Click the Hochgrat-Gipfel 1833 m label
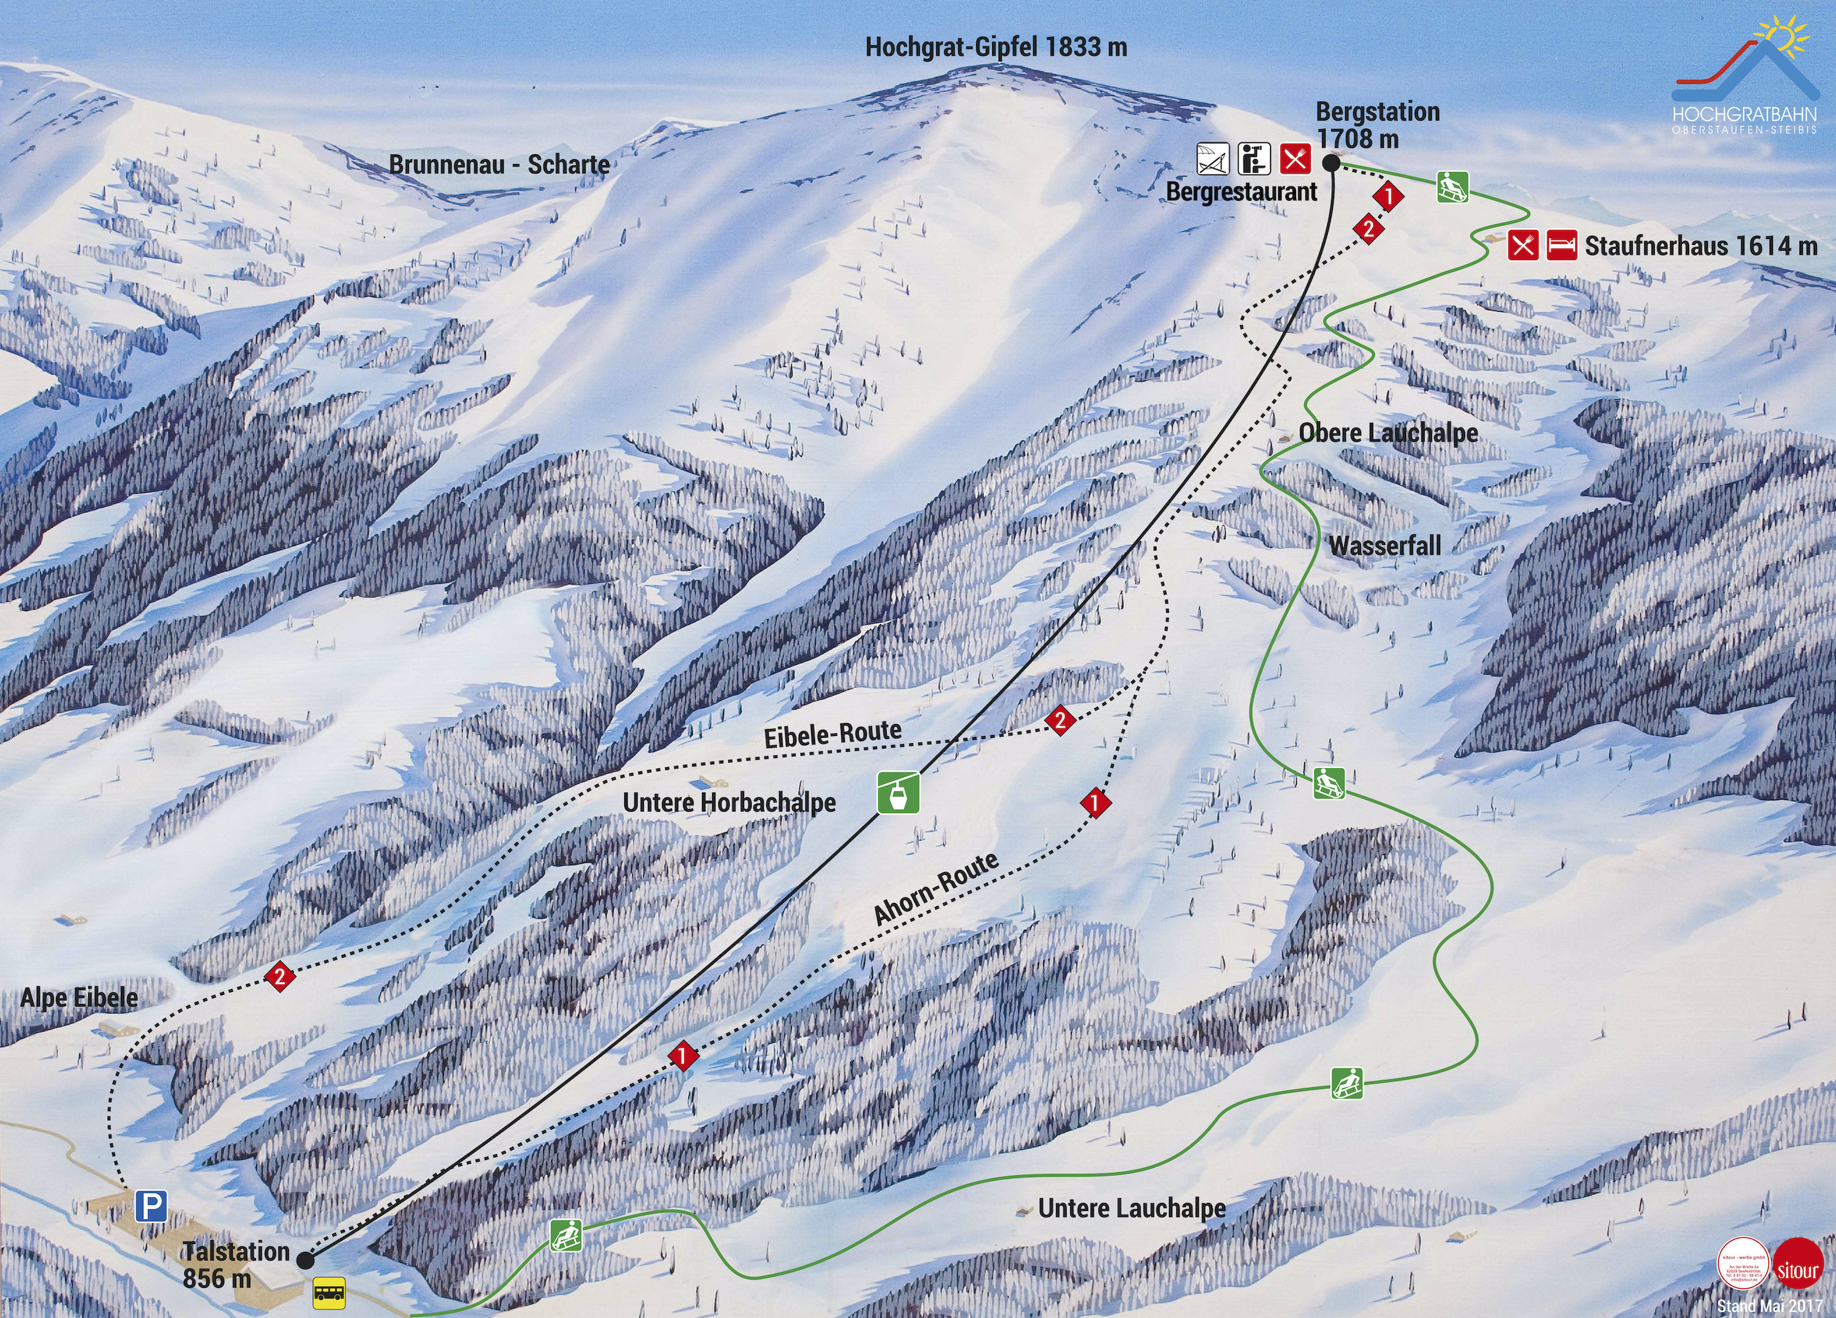(996, 47)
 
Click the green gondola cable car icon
(898, 792)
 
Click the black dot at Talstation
(305, 1260)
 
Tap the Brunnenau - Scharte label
(499, 164)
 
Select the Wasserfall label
(1385, 545)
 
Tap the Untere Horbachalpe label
(730, 803)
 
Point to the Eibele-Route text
(833, 733)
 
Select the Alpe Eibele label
(80, 997)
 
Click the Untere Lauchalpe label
(1132, 1208)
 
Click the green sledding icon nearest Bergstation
(1453, 187)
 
